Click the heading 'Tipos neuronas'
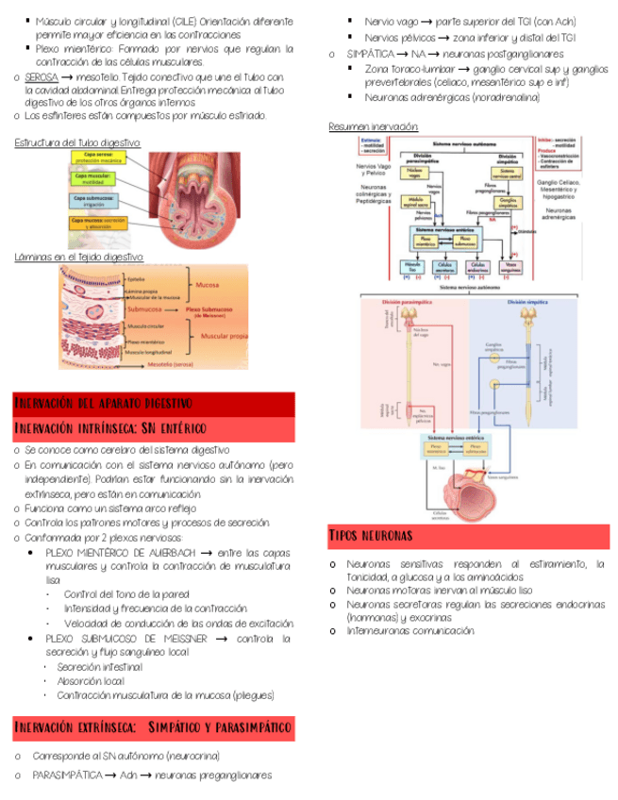[371, 536]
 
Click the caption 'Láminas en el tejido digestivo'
[78, 257]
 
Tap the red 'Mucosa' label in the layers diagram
[207, 283]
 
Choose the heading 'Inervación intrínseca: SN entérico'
[109, 429]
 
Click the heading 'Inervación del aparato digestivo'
[104, 404]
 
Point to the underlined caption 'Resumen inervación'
[373, 127]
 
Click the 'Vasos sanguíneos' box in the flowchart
[509, 266]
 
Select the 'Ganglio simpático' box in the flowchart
[507, 201]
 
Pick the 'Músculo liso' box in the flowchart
[411, 266]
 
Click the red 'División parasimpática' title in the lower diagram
[407, 302]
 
